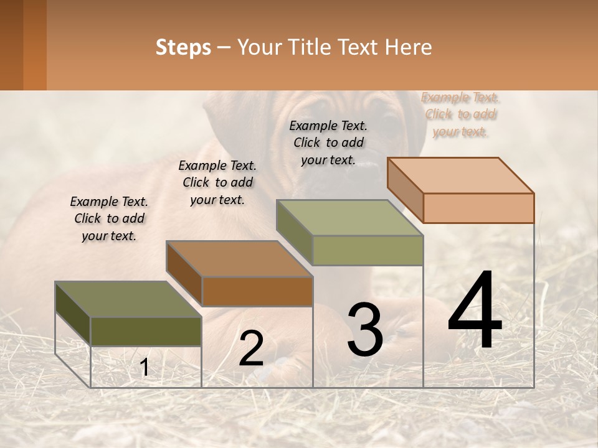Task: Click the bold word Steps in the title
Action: (183, 47)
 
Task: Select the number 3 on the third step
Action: (365, 330)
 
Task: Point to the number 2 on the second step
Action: (251, 348)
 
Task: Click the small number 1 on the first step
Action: (144, 368)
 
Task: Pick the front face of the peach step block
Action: (478, 208)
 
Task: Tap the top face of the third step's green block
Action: (350, 218)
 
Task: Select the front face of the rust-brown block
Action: (257, 291)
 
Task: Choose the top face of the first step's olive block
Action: (128, 299)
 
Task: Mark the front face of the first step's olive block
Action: (146, 331)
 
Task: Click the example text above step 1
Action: (109, 218)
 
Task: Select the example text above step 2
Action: (217, 182)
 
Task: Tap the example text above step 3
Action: (328, 142)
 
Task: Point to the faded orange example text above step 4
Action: (460, 114)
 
